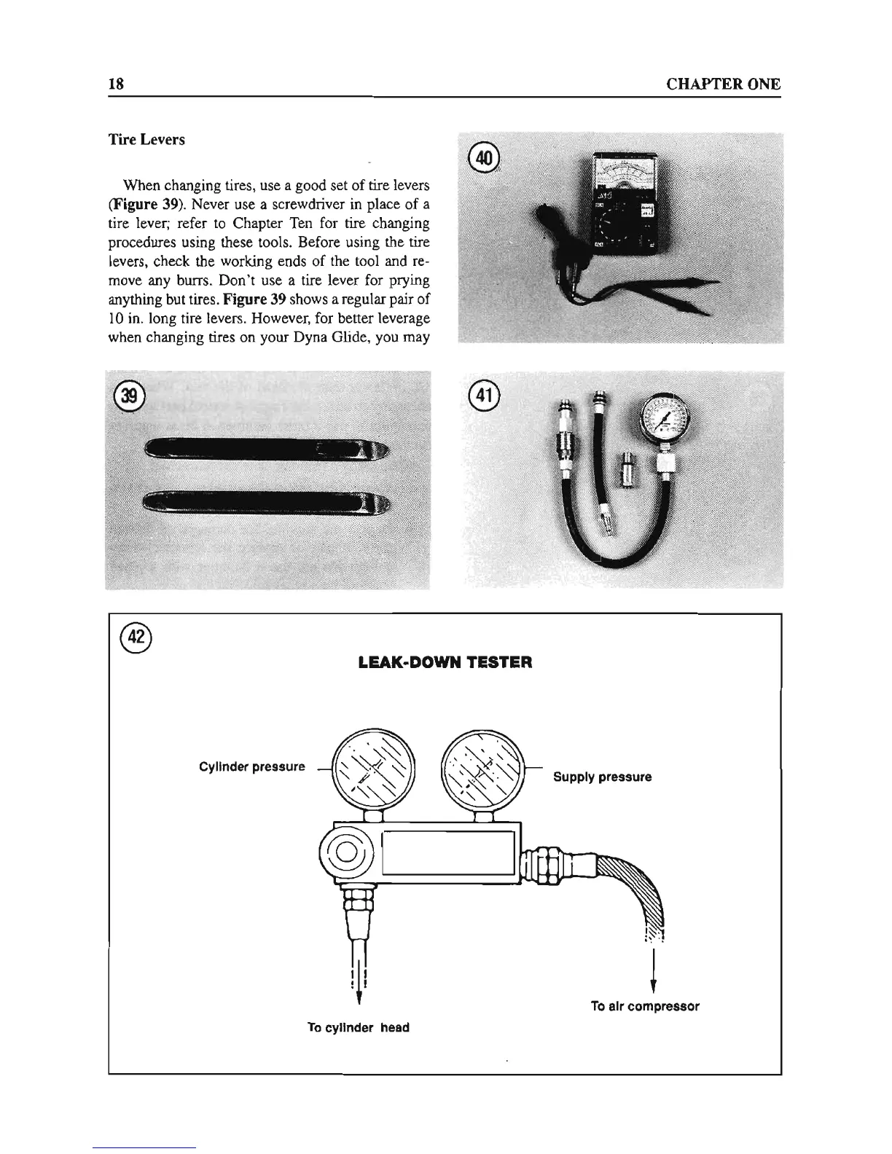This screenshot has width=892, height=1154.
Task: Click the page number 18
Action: click(x=116, y=84)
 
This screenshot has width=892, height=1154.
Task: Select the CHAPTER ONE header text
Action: click(x=724, y=84)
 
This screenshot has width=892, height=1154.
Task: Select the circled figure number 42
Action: click(x=136, y=637)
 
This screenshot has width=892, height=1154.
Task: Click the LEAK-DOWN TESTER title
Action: click(x=445, y=663)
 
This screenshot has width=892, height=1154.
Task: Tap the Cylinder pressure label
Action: click(x=252, y=767)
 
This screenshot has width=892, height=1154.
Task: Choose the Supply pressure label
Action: click(x=602, y=777)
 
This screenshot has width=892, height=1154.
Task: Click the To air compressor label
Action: click(x=645, y=1006)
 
